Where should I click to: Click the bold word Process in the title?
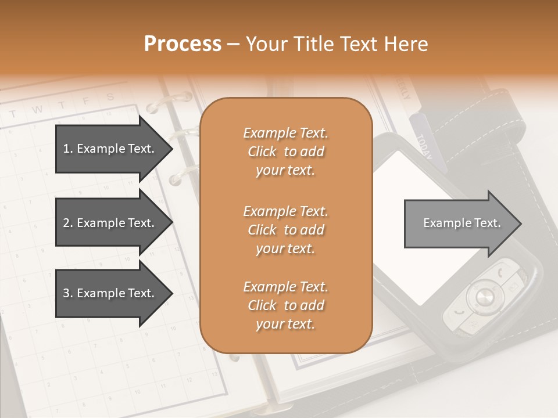point(183,44)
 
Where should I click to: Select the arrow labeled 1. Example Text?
point(110,149)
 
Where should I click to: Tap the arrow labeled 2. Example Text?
point(110,223)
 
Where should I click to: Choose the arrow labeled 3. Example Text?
point(110,293)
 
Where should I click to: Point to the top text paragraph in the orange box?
point(285,152)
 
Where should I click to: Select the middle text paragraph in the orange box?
point(285,230)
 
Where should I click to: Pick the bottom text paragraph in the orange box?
point(285,305)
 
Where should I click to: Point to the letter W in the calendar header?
point(37,109)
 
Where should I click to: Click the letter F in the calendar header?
point(85,101)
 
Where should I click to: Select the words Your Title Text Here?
point(337,44)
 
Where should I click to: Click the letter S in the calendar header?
point(110,97)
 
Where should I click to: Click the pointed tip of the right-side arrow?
point(521,224)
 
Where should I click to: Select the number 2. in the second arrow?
point(68,223)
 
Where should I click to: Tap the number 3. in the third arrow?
point(68,293)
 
